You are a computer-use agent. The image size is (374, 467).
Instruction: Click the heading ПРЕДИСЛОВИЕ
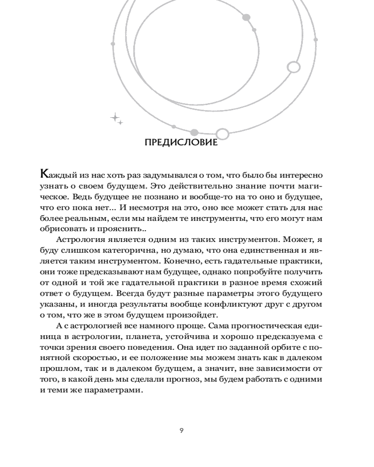click(x=181, y=142)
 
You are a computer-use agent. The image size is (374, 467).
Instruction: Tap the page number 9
click(x=181, y=430)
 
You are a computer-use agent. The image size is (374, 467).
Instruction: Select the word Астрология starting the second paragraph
click(x=81, y=240)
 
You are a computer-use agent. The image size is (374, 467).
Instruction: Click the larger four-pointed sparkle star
click(x=114, y=117)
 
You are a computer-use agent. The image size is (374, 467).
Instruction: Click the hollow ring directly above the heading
click(x=223, y=134)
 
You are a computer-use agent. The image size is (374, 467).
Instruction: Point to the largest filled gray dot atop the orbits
click(x=246, y=18)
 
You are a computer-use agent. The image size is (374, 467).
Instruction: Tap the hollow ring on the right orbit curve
click(x=293, y=67)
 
